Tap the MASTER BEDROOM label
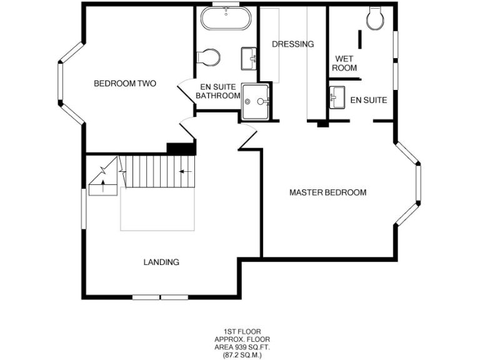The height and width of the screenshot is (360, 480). click(x=327, y=192)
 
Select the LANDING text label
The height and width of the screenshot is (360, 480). click(x=161, y=262)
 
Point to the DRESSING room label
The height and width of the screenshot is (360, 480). click(x=292, y=44)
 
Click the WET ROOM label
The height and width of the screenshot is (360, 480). click(x=344, y=63)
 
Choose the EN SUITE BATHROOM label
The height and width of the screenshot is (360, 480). click(x=217, y=91)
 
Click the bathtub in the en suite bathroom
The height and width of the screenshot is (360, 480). click(x=226, y=20)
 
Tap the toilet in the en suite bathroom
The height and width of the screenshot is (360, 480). click(x=209, y=57)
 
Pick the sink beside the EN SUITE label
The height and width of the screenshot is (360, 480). click(x=336, y=97)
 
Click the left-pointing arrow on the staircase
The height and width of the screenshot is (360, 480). click(x=184, y=171)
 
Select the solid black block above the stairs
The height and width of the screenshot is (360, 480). click(x=181, y=148)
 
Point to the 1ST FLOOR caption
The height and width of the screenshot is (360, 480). click(x=242, y=332)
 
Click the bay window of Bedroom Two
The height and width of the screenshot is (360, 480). click(x=61, y=83)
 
